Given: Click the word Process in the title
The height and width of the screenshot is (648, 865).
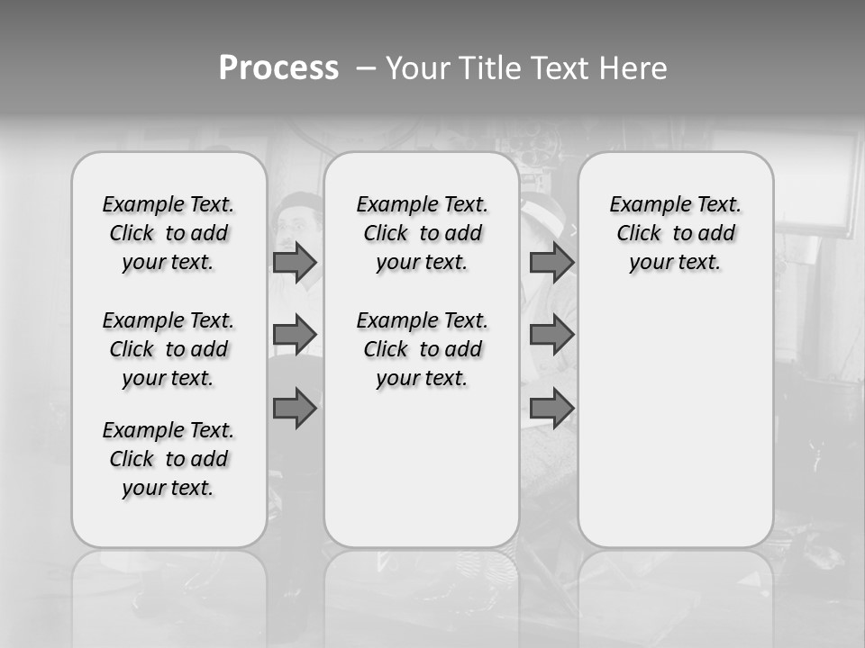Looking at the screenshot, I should pos(278,68).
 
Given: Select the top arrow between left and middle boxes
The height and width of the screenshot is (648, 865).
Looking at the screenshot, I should pos(295,263).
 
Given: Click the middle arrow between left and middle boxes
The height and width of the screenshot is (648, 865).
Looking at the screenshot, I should pos(295,335).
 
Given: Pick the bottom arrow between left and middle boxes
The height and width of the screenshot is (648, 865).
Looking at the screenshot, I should pos(295,408).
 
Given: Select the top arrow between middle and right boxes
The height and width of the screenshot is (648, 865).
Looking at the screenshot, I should pos(551,263).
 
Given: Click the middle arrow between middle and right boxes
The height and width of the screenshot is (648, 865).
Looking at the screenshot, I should pos(551,335).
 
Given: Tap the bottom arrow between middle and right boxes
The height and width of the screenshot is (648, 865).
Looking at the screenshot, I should pos(551,408).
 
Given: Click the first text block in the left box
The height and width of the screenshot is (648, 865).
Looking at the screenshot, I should pos(168,233).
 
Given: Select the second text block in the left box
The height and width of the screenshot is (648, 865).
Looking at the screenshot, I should pos(168,349).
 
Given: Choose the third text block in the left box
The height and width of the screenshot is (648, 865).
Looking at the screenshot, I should pos(168,459).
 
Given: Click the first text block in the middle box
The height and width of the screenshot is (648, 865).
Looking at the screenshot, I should pos(422,233).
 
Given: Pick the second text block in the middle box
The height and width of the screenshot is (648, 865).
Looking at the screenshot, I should pos(422,349).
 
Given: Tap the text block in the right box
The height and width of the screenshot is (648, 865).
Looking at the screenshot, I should pos(676,233).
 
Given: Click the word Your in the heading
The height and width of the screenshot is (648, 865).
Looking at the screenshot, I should pos(418,68).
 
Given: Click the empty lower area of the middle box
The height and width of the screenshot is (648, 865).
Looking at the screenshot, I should pos(422,468).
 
